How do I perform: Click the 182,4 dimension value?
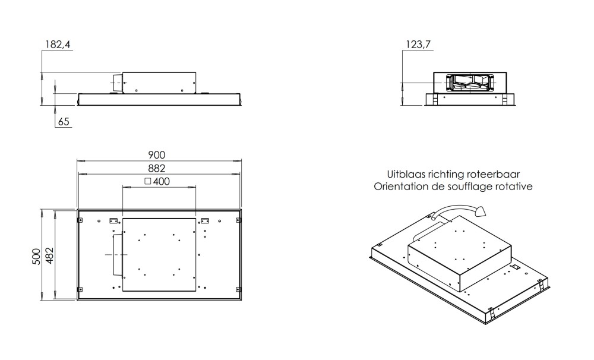coord(58,45)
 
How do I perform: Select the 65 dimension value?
coord(64,122)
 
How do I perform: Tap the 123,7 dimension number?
coord(418,45)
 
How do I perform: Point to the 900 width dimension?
coord(156,154)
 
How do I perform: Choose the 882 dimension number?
coord(156,168)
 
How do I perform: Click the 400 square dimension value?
coord(162,182)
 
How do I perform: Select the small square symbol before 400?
coord(148,182)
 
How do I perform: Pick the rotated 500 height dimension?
coord(36,257)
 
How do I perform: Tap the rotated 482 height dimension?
coord(50,256)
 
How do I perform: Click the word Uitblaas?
coord(406,174)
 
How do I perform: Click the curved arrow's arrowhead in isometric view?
coord(481,211)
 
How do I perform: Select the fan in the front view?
coord(470,83)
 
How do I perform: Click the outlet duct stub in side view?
coord(116,83)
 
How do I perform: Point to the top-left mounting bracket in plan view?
coord(113,220)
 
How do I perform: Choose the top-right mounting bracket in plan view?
coord(204,220)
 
